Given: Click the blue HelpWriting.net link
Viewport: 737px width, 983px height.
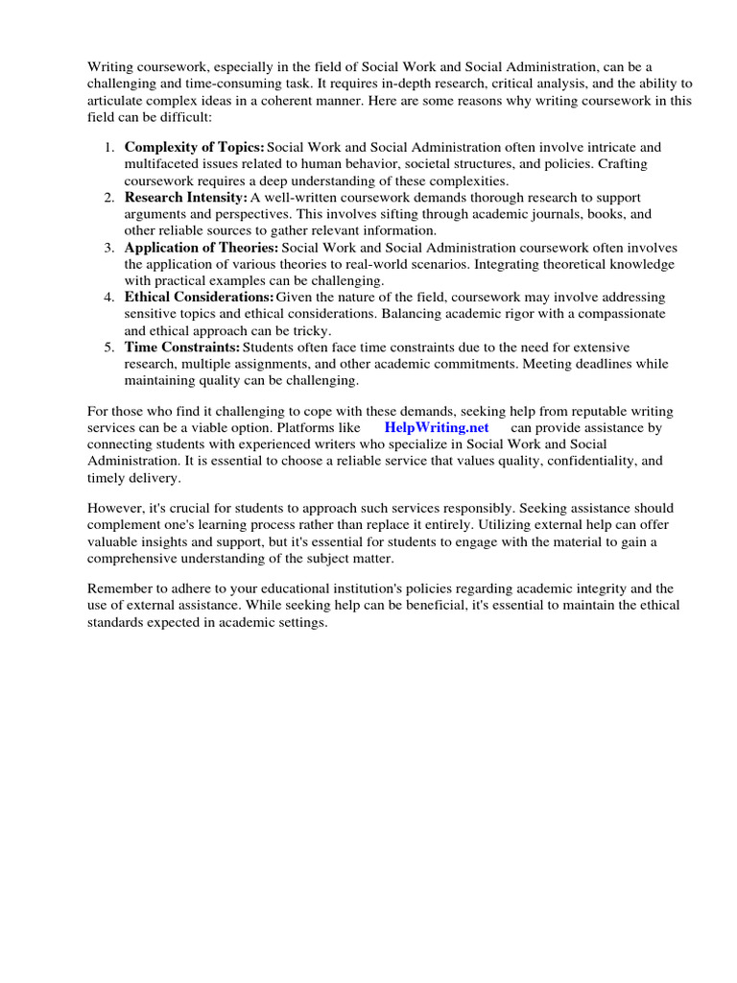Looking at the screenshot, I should click(437, 427).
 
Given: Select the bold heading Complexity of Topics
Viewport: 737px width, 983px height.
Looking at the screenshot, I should click(195, 147).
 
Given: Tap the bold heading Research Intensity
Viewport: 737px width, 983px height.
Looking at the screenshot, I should click(186, 197).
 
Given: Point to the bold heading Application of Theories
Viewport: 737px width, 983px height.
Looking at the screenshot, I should click(202, 247).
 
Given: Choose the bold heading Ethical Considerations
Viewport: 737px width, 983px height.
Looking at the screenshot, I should click(199, 298).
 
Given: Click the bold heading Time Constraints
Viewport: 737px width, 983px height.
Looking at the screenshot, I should click(182, 347).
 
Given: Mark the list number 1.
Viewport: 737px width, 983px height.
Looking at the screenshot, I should click(108, 147).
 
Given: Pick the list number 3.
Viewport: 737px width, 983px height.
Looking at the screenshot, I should click(108, 247).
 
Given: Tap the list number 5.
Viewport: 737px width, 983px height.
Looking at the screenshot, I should click(108, 347).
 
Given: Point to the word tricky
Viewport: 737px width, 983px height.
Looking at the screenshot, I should click(309, 330).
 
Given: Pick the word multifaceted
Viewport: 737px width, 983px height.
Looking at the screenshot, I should click(163, 163).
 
